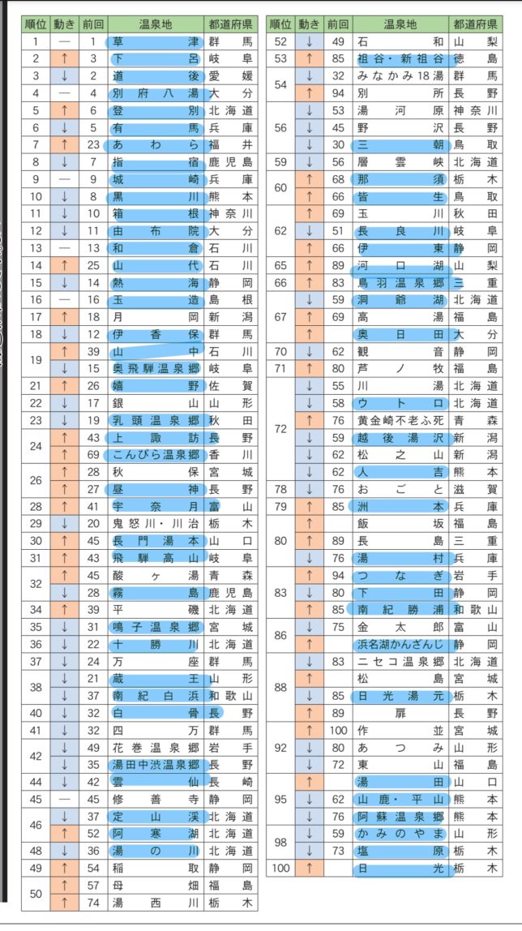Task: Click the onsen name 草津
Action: (156, 41)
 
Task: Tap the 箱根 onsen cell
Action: (156, 213)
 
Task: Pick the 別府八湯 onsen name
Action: (156, 92)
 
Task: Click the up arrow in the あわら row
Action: (63, 144)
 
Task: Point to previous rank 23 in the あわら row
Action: (93, 144)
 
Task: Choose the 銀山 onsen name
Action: (156, 403)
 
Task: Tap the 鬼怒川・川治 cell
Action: (156, 523)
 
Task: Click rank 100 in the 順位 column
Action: (281, 868)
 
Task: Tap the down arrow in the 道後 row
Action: (63, 75)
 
